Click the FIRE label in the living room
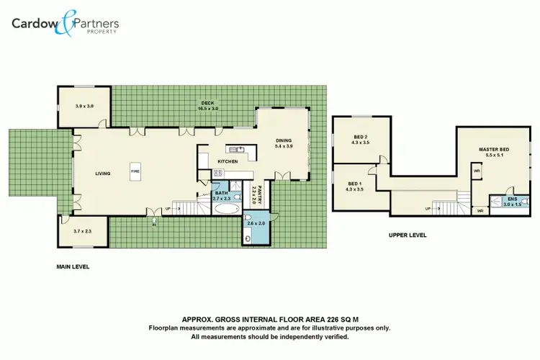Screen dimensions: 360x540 (x=134, y=172)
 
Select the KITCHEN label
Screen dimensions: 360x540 (x=228, y=161)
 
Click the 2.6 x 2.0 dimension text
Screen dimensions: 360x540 (x=256, y=224)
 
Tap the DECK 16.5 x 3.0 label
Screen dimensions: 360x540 (x=208, y=106)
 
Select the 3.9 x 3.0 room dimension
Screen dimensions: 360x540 (x=84, y=106)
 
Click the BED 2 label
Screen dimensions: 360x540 (x=361, y=140)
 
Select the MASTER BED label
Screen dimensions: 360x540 (x=494, y=152)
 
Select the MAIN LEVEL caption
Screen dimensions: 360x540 (x=73, y=266)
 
